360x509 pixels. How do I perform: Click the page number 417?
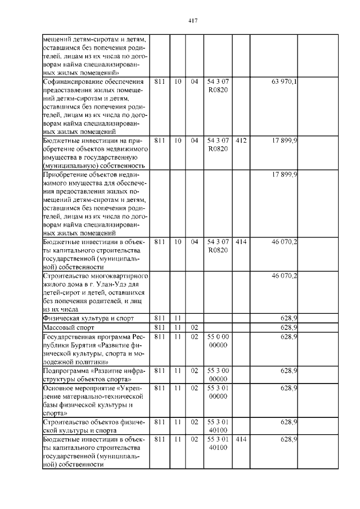[192, 21]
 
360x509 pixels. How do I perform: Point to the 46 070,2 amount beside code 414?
[284, 242]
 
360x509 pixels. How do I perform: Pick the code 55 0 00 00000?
[217, 340]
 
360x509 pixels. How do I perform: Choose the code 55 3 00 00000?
[217, 375]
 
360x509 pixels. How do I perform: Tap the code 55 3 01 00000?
[217, 392]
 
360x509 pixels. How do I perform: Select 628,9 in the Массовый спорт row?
[289, 327]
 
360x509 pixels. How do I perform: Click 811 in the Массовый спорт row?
[160, 327]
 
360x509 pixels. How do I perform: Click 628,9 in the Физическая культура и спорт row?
[289, 318]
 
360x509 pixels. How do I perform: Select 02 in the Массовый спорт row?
[194, 327]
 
